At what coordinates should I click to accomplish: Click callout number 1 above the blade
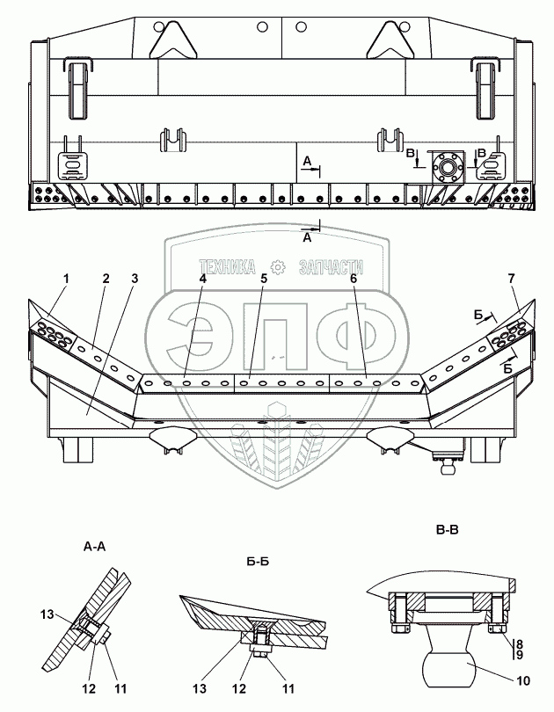[66, 279]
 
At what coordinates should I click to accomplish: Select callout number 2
[106, 279]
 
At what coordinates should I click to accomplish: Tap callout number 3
[135, 279]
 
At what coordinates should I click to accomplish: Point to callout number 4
[202, 279]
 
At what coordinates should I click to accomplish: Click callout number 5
[264, 279]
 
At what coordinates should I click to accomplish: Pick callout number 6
[354, 279]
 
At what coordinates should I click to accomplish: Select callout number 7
[512, 279]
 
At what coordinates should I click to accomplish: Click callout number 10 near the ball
[523, 680]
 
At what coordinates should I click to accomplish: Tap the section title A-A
[94, 547]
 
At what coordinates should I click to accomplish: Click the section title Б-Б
[258, 562]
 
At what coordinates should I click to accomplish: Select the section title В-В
[448, 530]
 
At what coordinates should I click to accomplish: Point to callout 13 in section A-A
[47, 614]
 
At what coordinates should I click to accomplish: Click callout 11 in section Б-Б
[288, 689]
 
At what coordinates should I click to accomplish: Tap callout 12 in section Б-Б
[239, 689]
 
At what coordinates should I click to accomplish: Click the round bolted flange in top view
[448, 167]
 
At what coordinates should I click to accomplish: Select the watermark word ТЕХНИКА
[227, 267]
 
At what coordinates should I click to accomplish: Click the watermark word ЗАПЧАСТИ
[331, 267]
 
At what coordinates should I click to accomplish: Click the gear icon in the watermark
[277, 267]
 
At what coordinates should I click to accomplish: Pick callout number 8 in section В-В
[520, 644]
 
